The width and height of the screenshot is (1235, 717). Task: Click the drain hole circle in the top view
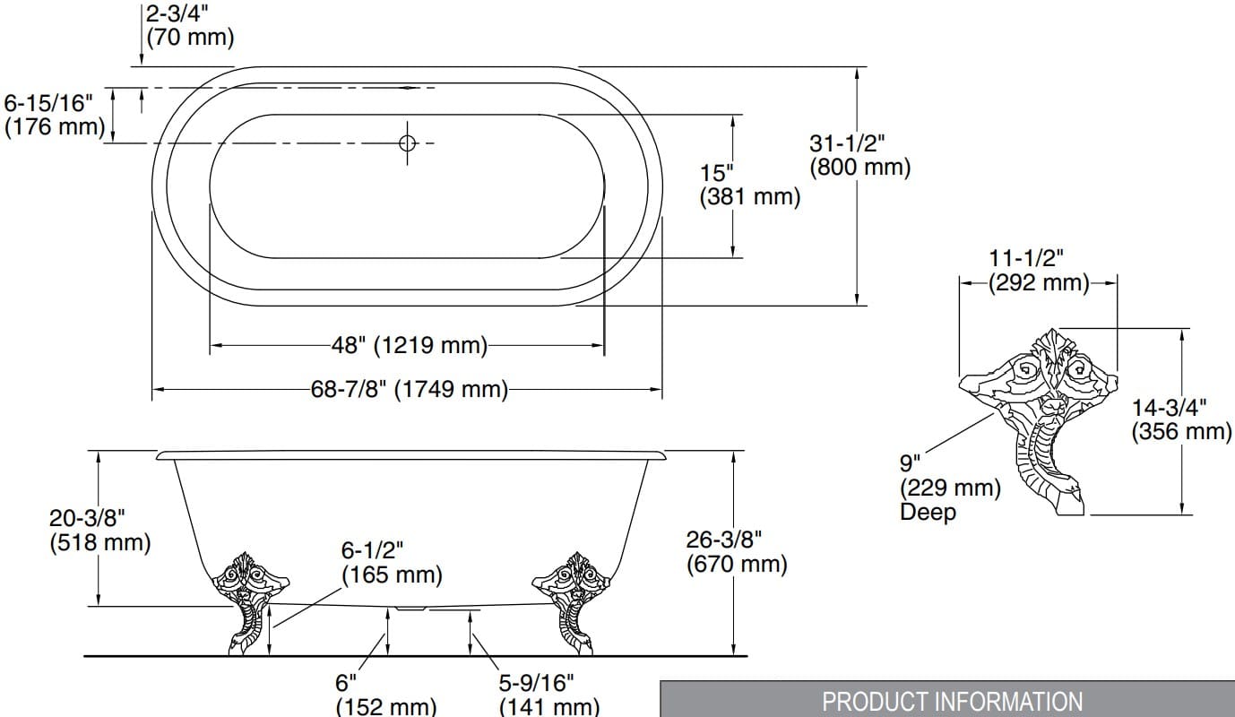(408, 143)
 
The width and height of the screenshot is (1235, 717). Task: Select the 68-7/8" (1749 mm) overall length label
(409, 390)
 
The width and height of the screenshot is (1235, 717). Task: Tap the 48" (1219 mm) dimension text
(409, 345)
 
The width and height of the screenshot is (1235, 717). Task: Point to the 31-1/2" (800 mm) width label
(859, 155)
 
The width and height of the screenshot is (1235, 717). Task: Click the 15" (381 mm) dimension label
(749, 185)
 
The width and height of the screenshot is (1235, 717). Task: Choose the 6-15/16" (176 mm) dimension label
(55, 114)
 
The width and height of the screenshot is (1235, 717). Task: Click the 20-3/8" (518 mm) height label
(99, 530)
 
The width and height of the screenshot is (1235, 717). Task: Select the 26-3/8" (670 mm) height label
(737, 551)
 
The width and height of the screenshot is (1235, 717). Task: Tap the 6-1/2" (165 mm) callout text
(392, 562)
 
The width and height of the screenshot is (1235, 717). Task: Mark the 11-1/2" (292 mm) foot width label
(1039, 271)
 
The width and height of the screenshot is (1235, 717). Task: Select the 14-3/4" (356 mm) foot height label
(1181, 419)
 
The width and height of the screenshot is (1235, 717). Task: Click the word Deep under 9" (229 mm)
(928, 513)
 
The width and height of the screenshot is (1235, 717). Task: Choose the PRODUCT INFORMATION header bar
(947, 700)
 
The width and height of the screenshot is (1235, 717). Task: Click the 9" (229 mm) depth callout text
(949, 476)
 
